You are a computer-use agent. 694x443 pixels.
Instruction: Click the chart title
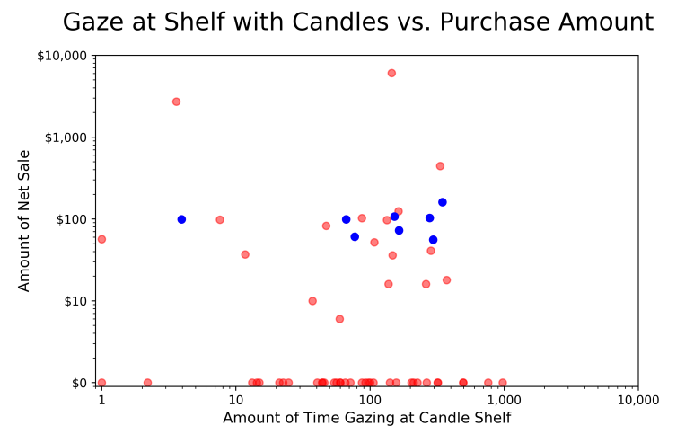coord(357,22)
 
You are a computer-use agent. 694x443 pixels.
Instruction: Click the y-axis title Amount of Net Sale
coord(24,220)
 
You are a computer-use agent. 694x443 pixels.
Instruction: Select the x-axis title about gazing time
coord(366,418)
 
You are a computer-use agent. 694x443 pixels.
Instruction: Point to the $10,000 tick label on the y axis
coord(63,56)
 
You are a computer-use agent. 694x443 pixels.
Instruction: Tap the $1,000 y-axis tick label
coord(66,137)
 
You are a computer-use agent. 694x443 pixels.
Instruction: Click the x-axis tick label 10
coord(235,398)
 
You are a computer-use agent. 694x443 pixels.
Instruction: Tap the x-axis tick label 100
coord(369,398)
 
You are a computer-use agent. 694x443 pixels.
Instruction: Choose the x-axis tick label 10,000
coord(637,398)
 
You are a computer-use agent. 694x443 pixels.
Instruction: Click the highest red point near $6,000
coord(391,73)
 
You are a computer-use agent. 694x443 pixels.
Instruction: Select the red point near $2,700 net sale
coord(176,102)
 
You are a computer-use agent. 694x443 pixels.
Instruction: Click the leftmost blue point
coord(181,219)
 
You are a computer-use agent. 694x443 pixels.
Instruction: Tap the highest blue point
coord(442,202)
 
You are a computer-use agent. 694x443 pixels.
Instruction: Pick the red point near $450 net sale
coord(440,166)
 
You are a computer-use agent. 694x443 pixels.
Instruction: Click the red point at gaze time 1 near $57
coord(101,239)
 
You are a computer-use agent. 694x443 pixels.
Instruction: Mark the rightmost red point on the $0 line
coord(503,383)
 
